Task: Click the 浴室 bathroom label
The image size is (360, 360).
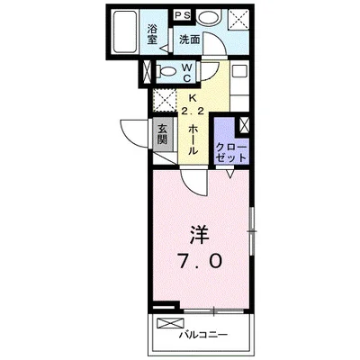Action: point(152,33)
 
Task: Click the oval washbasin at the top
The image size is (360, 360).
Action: point(208,17)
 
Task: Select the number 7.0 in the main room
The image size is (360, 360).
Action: point(201,263)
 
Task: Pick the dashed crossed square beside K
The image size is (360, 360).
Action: point(165,100)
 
